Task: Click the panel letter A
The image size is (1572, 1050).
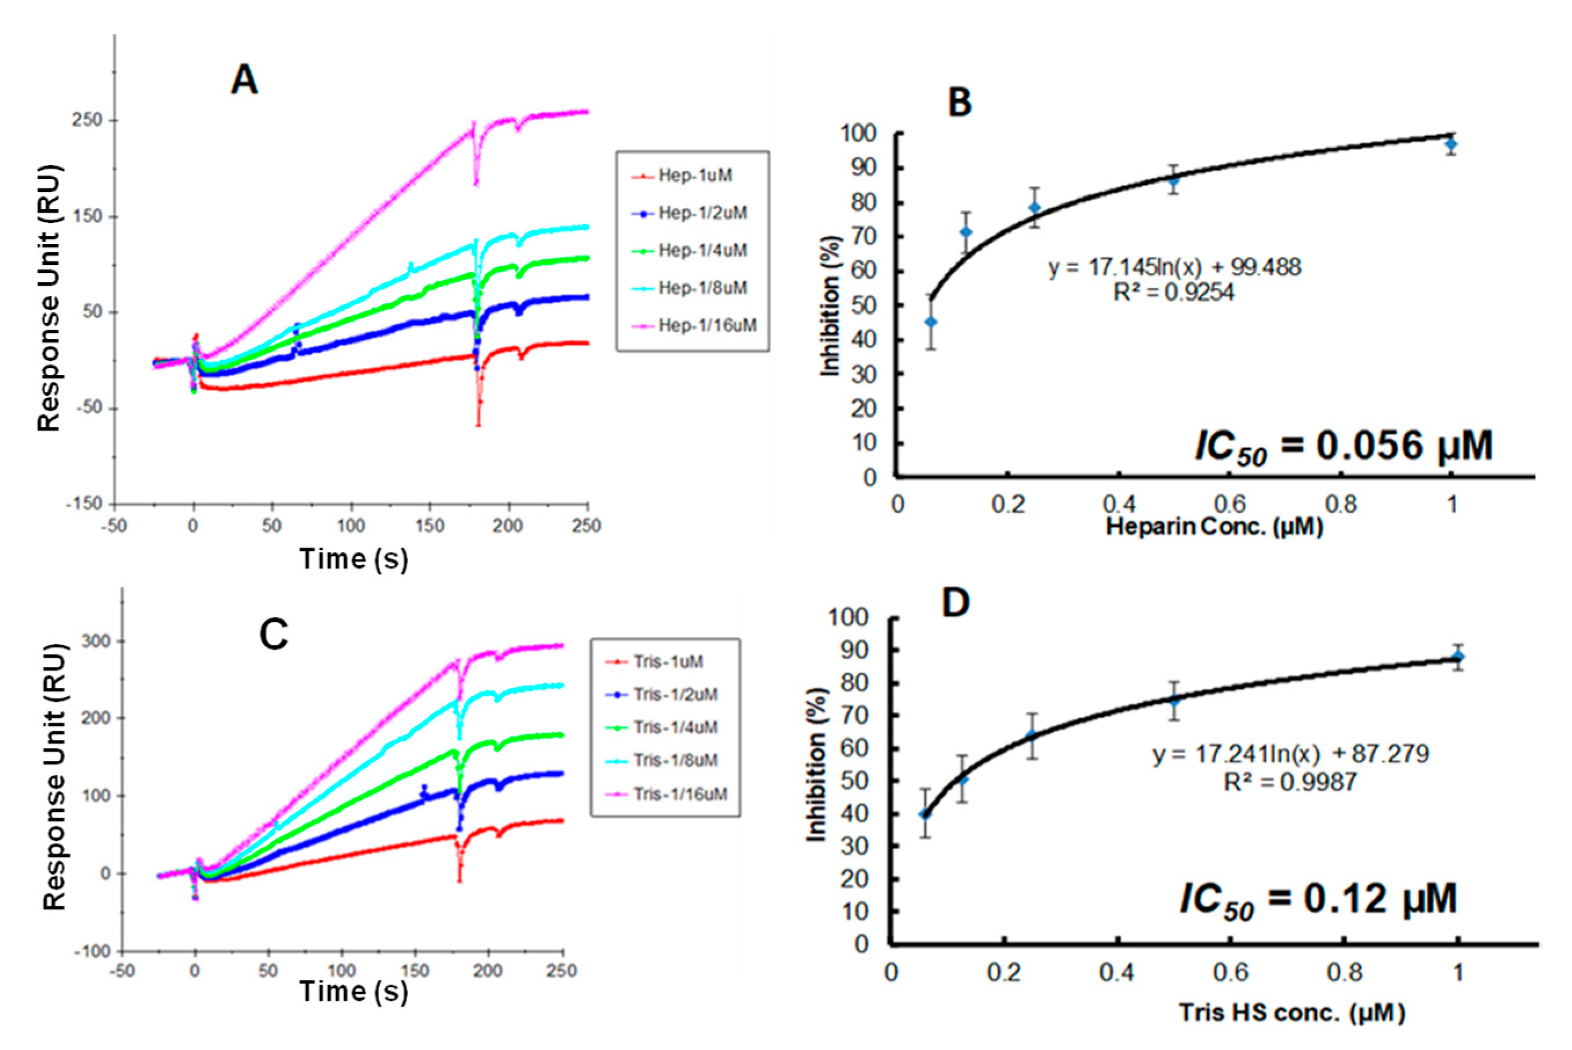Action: (244, 81)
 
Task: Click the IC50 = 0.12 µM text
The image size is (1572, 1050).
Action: (1318, 899)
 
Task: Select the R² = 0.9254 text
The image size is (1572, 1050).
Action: (1173, 292)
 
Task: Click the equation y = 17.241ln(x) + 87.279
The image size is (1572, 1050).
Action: (1290, 754)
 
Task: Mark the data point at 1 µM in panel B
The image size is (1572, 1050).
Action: (1451, 144)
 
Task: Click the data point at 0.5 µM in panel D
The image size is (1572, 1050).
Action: (1173, 701)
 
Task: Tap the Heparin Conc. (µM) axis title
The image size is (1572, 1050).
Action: (1214, 526)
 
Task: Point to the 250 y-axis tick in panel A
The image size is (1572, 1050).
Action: (87, 121)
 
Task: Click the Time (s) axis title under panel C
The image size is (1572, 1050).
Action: (353, 991)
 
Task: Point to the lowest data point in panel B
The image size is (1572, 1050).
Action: (930, 322)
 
